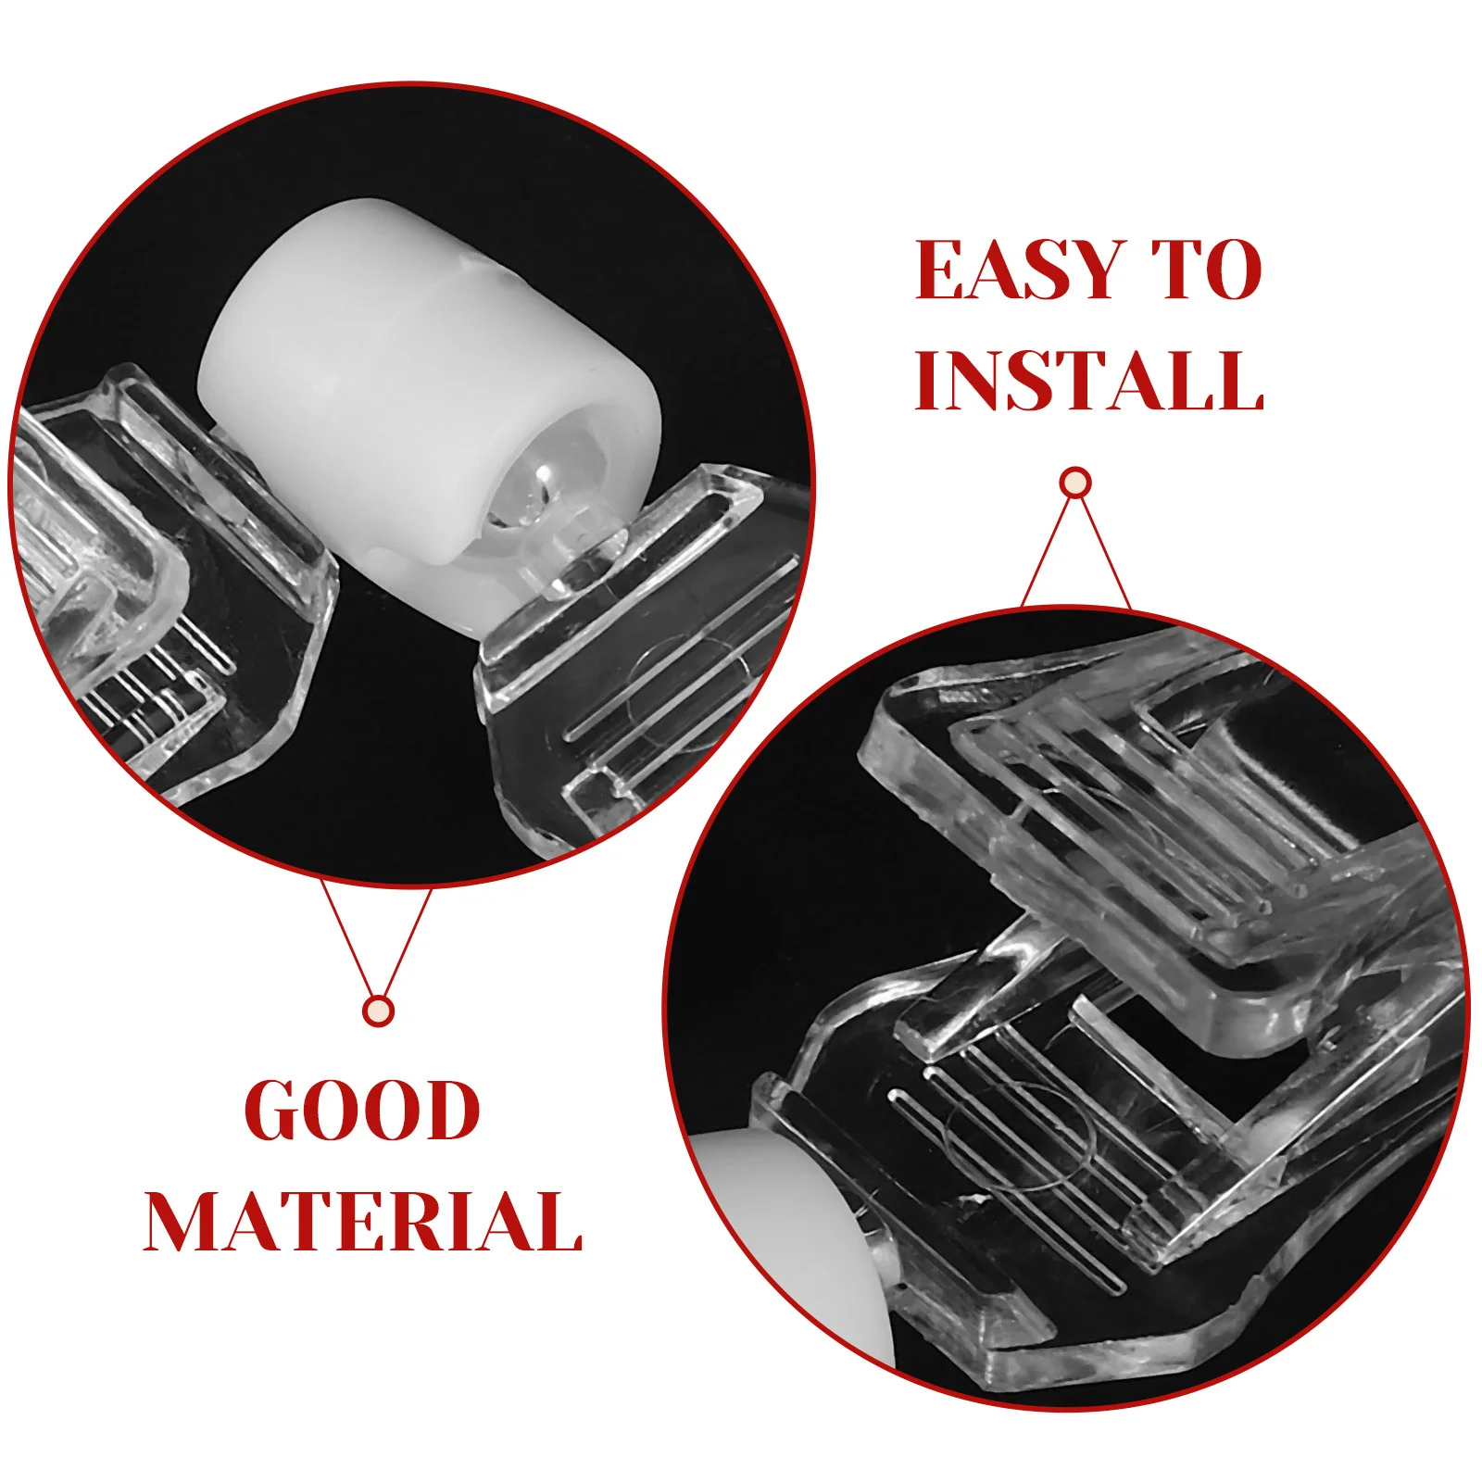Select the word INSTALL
point(1089,381)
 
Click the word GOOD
point(362,1111)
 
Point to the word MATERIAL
point(363,1222)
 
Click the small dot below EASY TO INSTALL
point(1075,483)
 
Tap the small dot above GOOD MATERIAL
point(378,1011)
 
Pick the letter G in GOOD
point(275,1111)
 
